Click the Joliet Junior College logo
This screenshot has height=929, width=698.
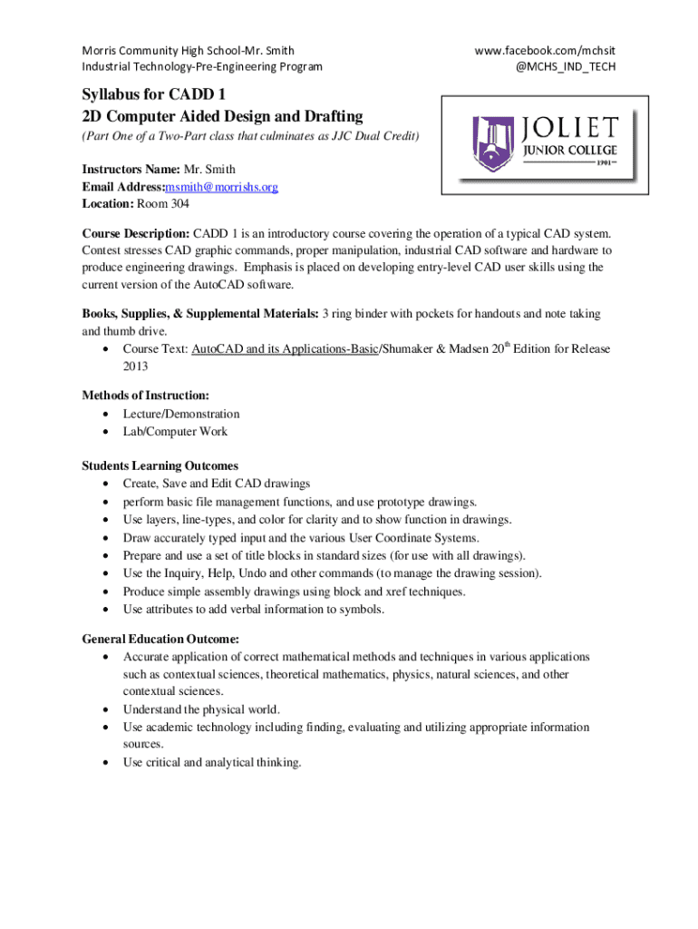(541, 147)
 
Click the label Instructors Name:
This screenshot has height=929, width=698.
(131, 170)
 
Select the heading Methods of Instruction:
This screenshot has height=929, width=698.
(145, 396)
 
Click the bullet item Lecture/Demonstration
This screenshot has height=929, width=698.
(181, 414)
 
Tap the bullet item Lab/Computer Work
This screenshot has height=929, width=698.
(175, 432)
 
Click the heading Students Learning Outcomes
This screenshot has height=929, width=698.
(160, 466)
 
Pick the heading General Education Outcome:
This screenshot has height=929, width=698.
(160, 639)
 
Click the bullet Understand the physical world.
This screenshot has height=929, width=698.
(201, 709)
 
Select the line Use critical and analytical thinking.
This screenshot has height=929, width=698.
(211, 762)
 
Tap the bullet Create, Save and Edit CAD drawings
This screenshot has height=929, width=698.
(217, 484)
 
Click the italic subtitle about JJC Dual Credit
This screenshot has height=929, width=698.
(250, 136)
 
